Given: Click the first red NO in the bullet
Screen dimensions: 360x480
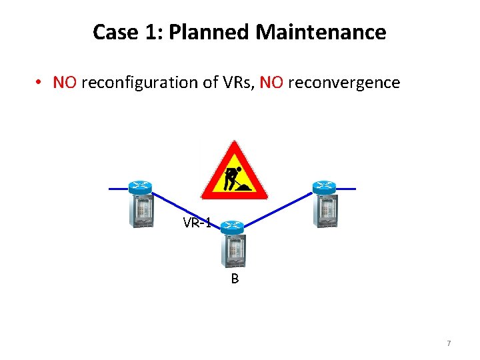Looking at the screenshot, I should tap(65, 83).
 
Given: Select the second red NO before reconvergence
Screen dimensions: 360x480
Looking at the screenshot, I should tap(271, 83).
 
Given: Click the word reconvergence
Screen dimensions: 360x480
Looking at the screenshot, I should tap(343, 83).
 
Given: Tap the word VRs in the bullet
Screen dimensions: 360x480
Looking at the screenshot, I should tap(234, 83).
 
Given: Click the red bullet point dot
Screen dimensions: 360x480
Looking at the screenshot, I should tap(40, 83).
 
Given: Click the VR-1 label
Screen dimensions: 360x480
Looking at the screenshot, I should tap(197, 223).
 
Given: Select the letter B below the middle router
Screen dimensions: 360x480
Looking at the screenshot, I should tap(235, 279).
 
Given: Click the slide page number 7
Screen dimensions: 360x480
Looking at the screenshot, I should tap(449, 343).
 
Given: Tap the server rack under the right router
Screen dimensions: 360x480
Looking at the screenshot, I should tap(326, 210).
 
